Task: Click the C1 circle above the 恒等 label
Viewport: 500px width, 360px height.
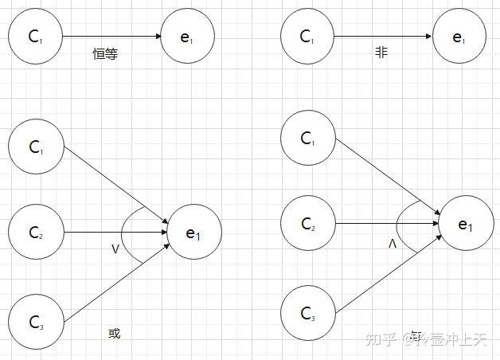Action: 35,37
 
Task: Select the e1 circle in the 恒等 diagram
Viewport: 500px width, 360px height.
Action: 187,37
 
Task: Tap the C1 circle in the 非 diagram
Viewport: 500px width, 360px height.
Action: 308,37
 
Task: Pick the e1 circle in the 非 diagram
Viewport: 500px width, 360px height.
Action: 459,37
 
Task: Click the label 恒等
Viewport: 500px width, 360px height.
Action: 105,54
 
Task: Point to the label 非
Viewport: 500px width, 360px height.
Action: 381,53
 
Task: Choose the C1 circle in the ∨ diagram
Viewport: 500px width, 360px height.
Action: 35,147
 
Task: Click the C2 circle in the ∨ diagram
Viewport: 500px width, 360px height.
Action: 35,233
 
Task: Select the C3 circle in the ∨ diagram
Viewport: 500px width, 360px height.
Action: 35,321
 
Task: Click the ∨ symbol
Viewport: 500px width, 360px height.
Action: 115,250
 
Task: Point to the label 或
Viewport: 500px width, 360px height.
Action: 114,334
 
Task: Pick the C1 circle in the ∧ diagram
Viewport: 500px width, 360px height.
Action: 308,138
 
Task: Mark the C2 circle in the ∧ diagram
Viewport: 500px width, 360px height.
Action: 308,225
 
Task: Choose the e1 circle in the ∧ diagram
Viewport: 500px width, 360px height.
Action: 466,225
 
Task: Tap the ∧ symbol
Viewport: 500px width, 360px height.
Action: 392,243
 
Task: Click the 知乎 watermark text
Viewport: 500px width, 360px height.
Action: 380,340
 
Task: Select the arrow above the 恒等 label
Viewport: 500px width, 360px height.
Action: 111,37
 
